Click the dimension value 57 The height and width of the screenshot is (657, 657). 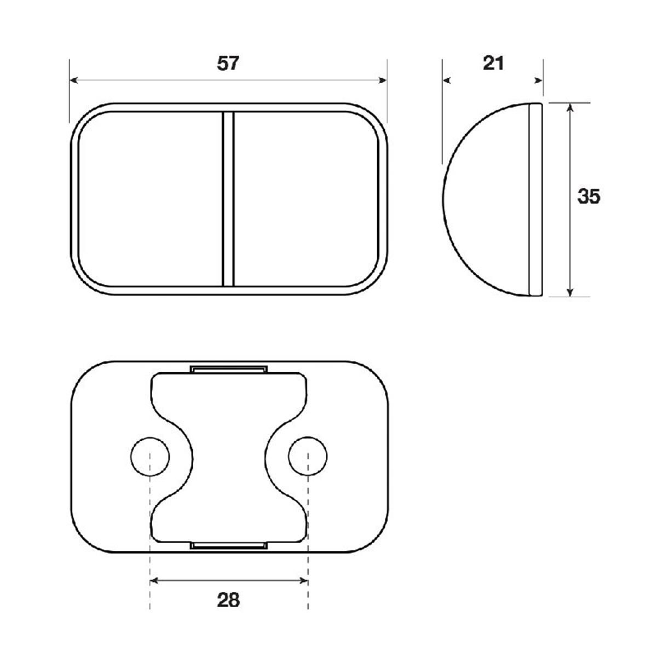228,64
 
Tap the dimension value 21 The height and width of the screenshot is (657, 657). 493,64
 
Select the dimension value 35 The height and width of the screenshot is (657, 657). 589,196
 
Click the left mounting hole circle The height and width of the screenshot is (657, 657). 150,456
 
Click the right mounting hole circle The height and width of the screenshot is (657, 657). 308,456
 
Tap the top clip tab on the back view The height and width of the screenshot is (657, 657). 229,368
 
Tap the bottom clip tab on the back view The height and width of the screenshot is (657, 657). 229,545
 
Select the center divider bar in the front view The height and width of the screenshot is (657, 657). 228,198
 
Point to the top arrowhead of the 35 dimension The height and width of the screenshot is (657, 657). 570,107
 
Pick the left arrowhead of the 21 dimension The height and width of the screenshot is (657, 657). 446,80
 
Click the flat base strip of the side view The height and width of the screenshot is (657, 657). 535,199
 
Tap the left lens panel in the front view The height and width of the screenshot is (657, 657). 151,198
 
